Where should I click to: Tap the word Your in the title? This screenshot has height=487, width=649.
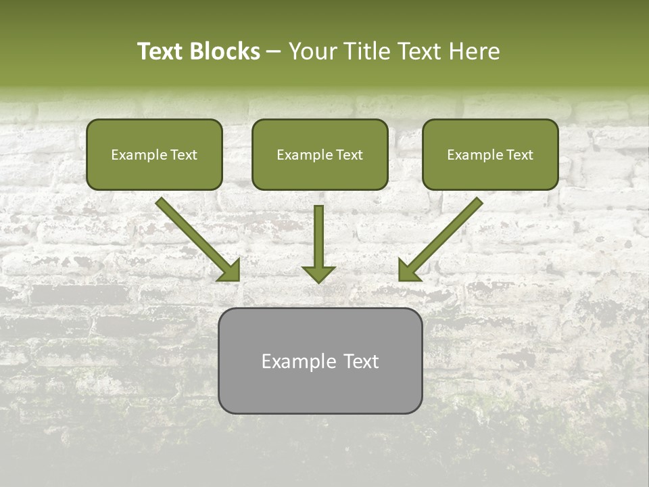pos(313,51)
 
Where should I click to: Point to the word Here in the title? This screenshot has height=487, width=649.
pos(475,51)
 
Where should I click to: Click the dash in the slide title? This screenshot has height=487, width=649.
pos(274,52)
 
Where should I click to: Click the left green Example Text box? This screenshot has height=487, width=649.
pos(154,154)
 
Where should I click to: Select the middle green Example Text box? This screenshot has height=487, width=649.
pos(320,154)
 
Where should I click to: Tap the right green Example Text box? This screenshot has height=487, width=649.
pos(490,154)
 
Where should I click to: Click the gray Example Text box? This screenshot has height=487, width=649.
pos(320,361)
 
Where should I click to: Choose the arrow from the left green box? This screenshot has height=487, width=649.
pos(196,237)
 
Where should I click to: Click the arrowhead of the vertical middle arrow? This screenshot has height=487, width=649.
pos(318,273)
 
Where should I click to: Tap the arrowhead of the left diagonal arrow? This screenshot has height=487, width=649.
pos(230,271)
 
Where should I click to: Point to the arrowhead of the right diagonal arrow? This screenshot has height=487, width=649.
pos(409,271)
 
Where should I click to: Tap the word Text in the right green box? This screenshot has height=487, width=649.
pos(520,155)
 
